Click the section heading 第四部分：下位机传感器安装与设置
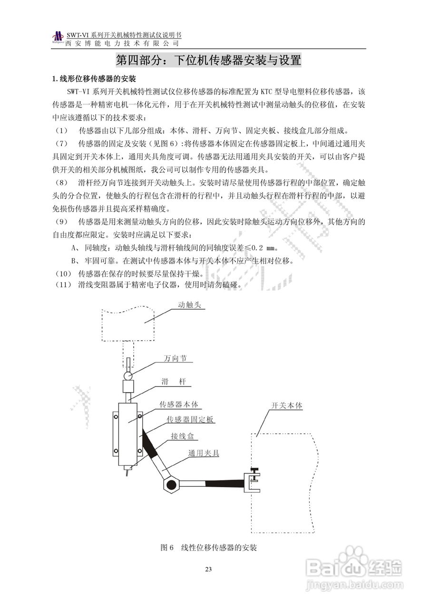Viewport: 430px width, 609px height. [208, 60]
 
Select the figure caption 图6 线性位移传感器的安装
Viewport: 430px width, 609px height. [209, 548]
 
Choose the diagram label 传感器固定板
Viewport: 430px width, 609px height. [190, 420]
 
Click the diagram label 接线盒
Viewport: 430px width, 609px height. [182, 436]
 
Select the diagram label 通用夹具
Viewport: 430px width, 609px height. [204, 453]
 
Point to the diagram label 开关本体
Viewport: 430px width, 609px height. [287, 406]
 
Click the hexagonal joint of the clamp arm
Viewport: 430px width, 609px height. [170, 485]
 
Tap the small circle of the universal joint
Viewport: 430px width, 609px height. [128, 375]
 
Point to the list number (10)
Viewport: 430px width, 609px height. [62, 274]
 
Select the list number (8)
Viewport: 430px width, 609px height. [62, 182]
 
